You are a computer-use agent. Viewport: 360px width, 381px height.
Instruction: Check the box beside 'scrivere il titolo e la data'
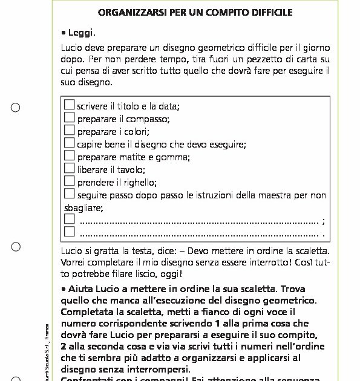point(70,105)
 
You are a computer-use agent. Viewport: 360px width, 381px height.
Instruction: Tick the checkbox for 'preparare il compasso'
point(70,118)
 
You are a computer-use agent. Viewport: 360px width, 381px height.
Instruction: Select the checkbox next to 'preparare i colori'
point(70,130)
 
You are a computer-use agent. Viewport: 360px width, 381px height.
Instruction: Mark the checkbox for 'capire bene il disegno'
point(70,143)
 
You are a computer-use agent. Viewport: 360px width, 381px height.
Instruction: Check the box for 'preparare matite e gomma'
point(70,156)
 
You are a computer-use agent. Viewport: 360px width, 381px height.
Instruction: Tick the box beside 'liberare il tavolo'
point(70,169)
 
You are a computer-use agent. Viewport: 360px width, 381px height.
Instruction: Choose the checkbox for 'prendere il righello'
point(70,181)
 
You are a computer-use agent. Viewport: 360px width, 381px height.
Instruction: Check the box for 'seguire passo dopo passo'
point(70,194)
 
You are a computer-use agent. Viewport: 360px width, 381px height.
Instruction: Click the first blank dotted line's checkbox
point(70,219)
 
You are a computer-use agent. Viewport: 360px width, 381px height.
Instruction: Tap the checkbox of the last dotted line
point(70,232)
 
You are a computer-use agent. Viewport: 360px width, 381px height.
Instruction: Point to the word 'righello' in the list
point(140,183)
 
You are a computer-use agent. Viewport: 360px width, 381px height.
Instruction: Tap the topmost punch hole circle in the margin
point(16,108)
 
